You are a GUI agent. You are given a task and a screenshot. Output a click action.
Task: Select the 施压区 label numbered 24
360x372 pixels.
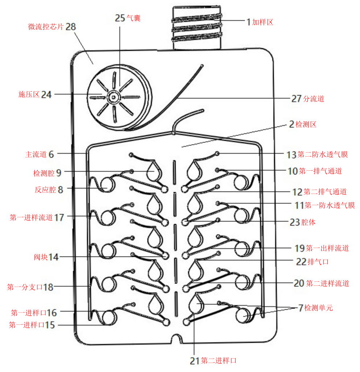pos(29,95)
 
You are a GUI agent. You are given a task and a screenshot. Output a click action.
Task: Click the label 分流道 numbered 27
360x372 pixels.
pos(313,98)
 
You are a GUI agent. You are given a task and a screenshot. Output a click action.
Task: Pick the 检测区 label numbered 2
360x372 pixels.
pos(306,125)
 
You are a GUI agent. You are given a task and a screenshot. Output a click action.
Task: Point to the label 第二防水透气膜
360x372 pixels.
pos(323,155)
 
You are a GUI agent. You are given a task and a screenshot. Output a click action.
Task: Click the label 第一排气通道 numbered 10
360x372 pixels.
pos(320,171)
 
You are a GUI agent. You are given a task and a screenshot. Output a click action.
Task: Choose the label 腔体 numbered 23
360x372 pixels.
pos(308,222)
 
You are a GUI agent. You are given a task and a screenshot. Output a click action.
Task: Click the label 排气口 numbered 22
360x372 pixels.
pos(318,262)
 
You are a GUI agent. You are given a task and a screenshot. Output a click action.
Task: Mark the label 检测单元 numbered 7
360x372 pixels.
pos(318,308)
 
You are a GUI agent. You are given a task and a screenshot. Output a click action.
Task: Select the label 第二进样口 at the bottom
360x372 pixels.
pos(219,361)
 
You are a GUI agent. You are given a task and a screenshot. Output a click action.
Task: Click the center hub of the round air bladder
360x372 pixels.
pos(114,97)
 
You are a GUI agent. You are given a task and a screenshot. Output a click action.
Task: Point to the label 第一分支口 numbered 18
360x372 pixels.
pos(25,287)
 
